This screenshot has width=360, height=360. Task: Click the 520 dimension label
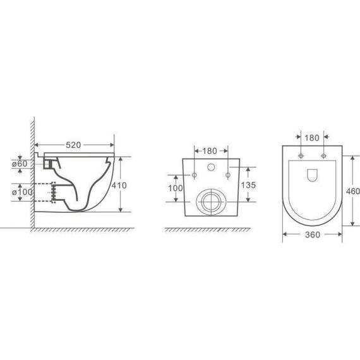click(x=73, y=145)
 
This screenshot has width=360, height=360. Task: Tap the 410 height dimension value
click(x=119, y=185)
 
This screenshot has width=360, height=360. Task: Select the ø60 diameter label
click(x=20, y=164)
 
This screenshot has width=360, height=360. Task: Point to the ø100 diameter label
click(x=22, y=192)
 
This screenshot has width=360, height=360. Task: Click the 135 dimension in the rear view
click(x=248, y=185)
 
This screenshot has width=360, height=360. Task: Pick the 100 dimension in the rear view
click(x=176, y=188)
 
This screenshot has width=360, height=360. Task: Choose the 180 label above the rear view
click(x=210, y=151)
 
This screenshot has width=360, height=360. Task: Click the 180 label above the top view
click(x=312, y=138)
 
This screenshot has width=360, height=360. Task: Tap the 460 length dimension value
click(x=353, y=191)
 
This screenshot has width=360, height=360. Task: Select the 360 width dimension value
click(x=313, y=235)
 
